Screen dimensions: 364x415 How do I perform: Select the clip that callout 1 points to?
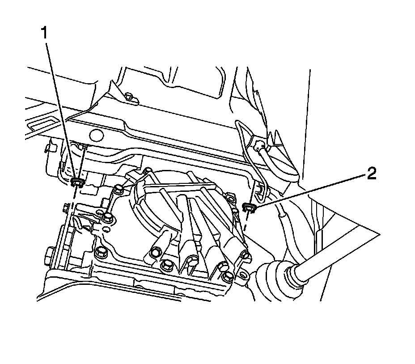click(x=78, y=181)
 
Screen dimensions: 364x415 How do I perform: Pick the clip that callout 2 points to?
click(x=248, y=207)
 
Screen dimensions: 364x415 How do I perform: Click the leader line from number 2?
click(x=313, y=190)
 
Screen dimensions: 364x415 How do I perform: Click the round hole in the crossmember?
click(x=96, y=134)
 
